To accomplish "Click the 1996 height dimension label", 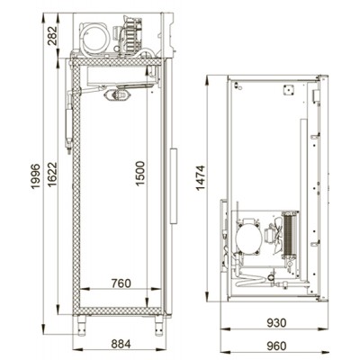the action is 35,176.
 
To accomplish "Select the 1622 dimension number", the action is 52,175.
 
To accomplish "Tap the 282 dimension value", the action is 52,36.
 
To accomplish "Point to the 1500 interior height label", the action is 140,174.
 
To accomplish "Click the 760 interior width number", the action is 121,283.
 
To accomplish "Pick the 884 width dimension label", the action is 121,344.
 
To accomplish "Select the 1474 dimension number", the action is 200,177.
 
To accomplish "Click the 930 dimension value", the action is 276,323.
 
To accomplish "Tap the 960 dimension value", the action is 276,346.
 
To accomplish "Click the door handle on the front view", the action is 174,185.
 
